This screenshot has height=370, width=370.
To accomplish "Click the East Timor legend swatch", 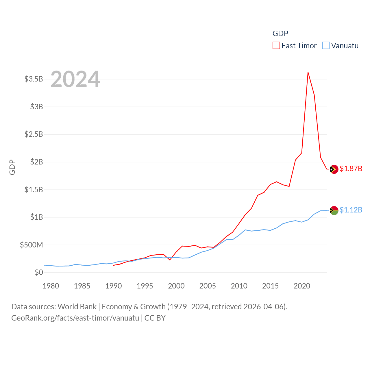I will [276, 46].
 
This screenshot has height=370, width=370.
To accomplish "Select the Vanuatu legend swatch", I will [326, 46].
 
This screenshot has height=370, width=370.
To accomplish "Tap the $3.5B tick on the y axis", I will [34, 79].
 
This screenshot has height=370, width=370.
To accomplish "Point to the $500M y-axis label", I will [31, 245].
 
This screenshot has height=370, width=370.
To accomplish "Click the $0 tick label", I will [39, 272].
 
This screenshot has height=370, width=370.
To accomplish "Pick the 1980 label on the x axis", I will [51, 286].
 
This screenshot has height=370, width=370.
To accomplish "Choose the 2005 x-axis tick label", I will [208, 286].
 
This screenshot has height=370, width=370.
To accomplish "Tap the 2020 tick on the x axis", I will [302, 286].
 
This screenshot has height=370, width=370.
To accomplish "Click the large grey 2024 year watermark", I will [75, 79].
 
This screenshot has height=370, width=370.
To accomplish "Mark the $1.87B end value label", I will [351, 169].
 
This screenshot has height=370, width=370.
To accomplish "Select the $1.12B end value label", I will [351, 210].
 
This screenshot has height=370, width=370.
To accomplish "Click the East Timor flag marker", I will [334, 169].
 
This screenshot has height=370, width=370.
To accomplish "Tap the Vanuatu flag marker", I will [334, 210].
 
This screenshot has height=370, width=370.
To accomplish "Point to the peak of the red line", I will [308, 72].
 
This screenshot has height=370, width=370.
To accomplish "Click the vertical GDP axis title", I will [12, 167].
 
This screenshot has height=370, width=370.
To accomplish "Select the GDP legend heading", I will [280, 34].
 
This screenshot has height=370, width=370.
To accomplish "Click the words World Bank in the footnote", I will [77, 307].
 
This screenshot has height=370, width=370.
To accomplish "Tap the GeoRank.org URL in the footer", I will [75, 318].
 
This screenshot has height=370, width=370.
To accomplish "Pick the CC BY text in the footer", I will [155, 318].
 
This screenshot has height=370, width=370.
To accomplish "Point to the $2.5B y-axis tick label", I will [34, 134].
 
